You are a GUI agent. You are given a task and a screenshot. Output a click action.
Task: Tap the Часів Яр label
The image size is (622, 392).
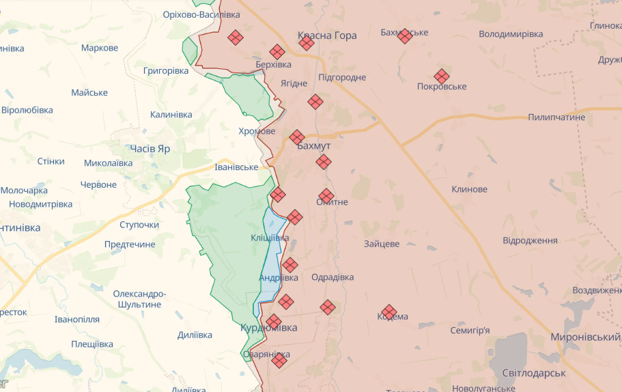coord(150,148)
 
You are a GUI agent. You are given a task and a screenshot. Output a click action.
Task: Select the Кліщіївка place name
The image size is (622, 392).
coord(270,238)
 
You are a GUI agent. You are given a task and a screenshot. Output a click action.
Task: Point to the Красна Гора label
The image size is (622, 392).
coord(327,36)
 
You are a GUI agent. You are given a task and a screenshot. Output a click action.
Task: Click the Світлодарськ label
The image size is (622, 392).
coord(534,374)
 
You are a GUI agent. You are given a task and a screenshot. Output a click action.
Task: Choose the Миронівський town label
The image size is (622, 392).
coord(585,337)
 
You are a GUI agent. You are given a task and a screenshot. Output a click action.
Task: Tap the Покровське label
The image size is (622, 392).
coord(442,87)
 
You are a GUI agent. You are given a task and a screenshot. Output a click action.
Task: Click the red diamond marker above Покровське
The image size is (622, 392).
coord(442,76)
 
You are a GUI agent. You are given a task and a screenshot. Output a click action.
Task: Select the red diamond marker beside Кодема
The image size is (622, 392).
coord(389,312)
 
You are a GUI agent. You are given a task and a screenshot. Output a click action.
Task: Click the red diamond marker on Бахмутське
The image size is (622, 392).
coord(405,36)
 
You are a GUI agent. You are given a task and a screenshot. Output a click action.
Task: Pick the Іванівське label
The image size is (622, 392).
coord(236,167)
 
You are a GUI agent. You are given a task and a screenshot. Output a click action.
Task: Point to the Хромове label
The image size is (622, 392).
coord(257,131)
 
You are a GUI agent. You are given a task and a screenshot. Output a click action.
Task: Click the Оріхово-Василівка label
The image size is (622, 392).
coord(201,14)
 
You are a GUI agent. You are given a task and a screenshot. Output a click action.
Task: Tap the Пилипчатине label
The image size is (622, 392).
coord(556,117)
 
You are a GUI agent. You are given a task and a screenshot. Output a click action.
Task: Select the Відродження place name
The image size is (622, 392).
coord(530,240)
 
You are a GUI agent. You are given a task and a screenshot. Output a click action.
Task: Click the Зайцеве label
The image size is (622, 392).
coord(382,243)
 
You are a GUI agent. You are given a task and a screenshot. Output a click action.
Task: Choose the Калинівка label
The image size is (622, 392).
coord(171,114)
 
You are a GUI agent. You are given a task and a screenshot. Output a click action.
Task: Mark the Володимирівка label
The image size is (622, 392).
coord(511,33)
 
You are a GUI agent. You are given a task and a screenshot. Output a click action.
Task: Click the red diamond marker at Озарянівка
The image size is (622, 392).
coord(279,360)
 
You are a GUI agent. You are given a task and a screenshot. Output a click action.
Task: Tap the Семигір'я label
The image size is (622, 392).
coord(470,331)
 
